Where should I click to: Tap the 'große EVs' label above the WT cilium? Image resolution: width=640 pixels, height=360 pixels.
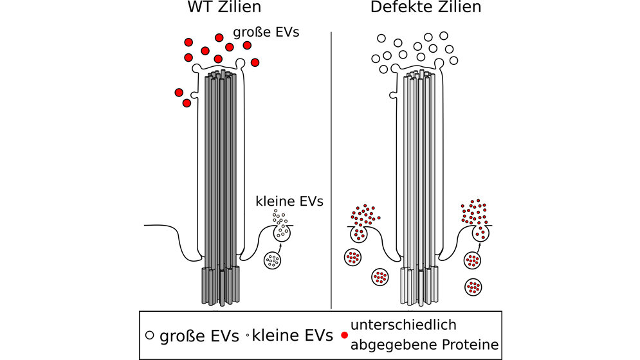266,31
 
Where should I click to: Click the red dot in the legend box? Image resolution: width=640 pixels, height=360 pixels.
345,335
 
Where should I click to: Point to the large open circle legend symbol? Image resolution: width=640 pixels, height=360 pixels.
149,335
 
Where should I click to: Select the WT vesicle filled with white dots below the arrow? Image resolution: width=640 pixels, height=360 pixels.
273,260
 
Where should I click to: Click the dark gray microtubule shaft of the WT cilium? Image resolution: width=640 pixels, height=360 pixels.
221,167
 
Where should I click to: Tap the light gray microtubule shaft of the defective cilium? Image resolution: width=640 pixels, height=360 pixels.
420,167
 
